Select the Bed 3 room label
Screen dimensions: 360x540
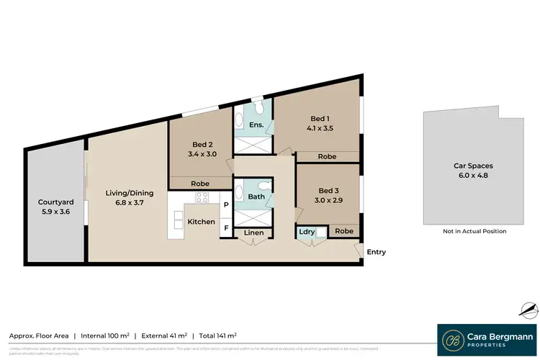[328, 190]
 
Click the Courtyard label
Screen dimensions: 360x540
[56, 202]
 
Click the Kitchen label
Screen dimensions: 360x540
[201, 222]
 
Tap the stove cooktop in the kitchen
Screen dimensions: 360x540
[202, 198]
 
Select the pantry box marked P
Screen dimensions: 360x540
[226, 205]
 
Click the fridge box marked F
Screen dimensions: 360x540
[226, 228]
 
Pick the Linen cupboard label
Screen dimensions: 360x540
[253, 233]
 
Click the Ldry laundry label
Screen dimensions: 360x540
[305, 232]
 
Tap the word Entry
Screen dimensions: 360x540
[376, 252]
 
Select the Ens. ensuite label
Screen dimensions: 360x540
[255, 125]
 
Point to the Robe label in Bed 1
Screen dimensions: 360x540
[327, 156]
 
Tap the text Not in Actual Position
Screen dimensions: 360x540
[474, 231]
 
